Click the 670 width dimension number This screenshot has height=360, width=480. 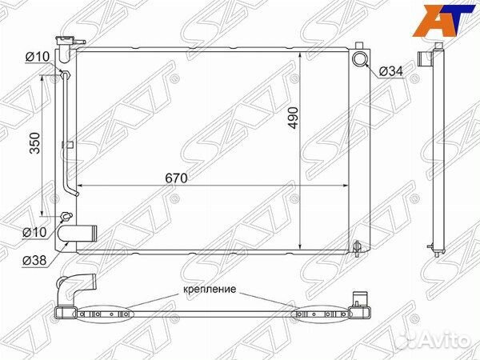(176, 178)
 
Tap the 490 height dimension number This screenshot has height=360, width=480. (293, 118)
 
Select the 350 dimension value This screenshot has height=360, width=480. (35, 143)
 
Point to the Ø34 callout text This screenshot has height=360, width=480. (391, 72)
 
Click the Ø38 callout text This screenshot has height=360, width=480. (34, 261)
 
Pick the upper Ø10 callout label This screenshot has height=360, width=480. (38, 57)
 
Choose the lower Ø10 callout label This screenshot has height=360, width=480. (34, 232)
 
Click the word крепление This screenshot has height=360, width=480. (210, 289)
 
